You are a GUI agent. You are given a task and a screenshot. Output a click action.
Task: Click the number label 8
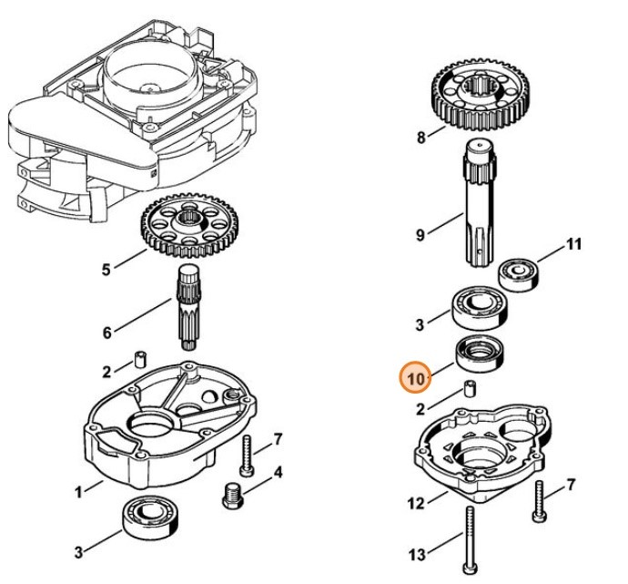(420, 138)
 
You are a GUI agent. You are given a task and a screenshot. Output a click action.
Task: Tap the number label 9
(420, 235)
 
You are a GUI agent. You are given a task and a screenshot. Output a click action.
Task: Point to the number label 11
(573, 245)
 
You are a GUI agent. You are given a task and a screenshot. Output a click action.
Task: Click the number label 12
(415, 501)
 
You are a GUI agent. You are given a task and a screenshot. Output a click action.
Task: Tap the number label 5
(106, 269)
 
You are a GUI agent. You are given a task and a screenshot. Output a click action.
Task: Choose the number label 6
(106, 333)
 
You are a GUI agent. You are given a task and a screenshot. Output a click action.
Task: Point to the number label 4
(278, 472)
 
